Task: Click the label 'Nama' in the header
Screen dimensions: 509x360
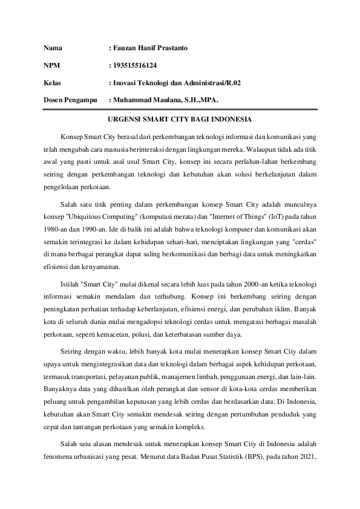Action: [53, 47]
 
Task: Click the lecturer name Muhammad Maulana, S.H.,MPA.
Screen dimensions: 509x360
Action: [166, 98]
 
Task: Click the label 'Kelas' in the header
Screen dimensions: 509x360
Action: [53, 81]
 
